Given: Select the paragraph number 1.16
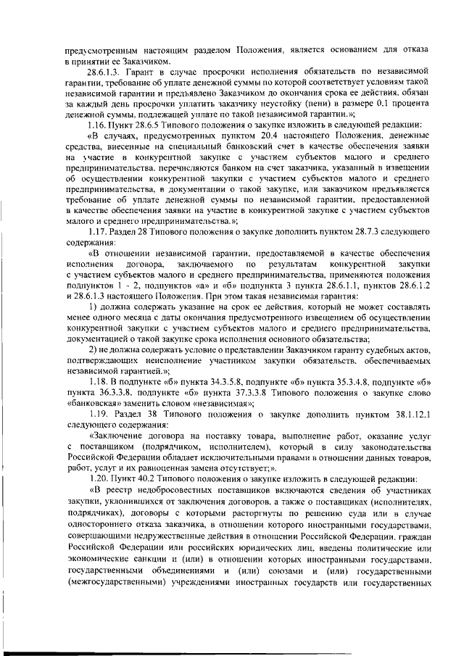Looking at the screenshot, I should coord(95,125).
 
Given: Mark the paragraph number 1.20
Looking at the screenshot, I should coord(95,479).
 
